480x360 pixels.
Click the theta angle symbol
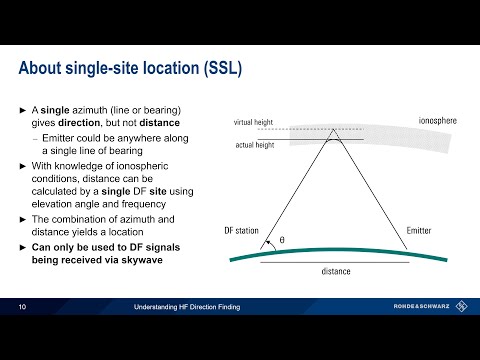pyautogui.click(x=282, y=240)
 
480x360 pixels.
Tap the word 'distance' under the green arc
pyautogui.click(x=335, y=270)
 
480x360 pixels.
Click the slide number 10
pyautogui.click(x=22, y=307)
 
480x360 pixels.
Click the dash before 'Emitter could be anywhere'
pyautogui.click(x=35, y=137)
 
